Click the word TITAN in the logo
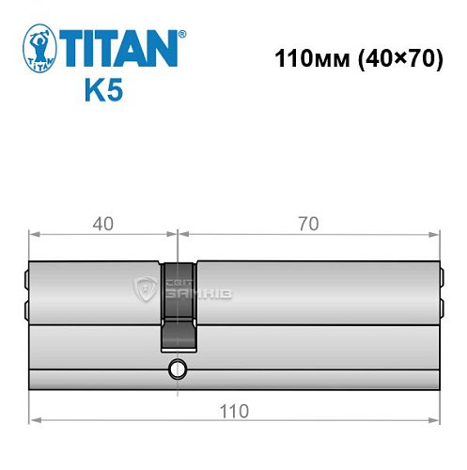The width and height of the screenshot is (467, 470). [x=120, y=48]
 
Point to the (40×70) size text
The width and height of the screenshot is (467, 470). [x=389, y=57]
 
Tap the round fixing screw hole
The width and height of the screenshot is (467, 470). [x=175, y=369]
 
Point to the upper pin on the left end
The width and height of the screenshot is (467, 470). [x=26, y=278]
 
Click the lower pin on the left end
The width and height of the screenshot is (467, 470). [x=26, y=309]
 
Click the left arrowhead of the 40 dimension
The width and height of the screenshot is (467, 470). [x=34, y=234]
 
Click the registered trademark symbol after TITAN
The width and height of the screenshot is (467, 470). [x=182, y=34]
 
